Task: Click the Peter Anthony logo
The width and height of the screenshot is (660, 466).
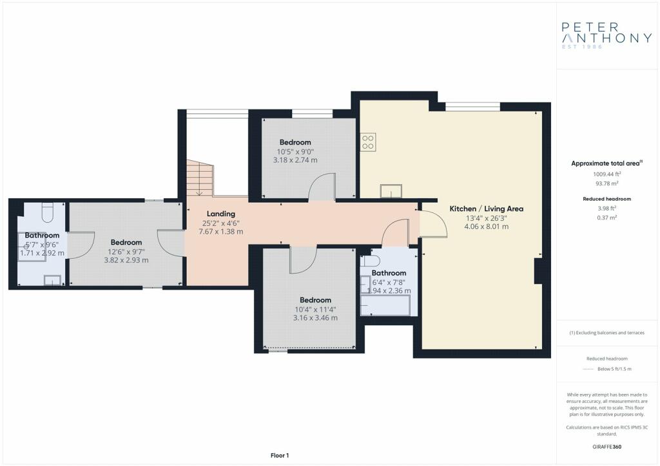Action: [x=607, y=35]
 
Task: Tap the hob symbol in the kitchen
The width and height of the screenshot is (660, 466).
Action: [x=368, y=142]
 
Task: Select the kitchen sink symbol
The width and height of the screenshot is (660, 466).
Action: [x=391, y=191]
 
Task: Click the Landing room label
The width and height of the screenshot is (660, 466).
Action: [x=221, y=214]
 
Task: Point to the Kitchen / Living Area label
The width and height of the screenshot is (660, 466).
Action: [x=486, y=209]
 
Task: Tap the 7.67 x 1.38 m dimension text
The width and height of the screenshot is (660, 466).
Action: [x=221, y=232]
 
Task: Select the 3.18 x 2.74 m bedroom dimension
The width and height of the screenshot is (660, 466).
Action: [x=295, y=160]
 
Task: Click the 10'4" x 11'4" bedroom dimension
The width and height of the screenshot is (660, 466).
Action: [x=315, y=309]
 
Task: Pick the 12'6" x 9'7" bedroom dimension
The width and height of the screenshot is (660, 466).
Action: [x=126, y=252]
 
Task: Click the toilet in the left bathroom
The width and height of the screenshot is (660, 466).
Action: [x=47, y=212]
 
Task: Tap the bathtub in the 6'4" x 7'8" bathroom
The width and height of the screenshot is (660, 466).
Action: [x=385, y=306]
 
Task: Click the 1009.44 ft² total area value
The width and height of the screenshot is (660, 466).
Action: [x=607, y=174]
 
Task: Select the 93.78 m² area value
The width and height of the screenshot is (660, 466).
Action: [x=607, y=183]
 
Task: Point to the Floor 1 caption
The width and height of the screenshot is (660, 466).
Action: [x=280, y=456]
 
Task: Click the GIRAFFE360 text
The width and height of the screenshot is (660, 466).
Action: [x=607, y=447]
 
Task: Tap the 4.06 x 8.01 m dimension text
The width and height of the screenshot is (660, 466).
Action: [x=486, y=227]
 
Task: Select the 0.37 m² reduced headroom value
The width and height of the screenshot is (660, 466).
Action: [x=607, y=218]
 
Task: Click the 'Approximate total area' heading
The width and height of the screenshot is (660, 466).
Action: [x=607, y=163]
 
